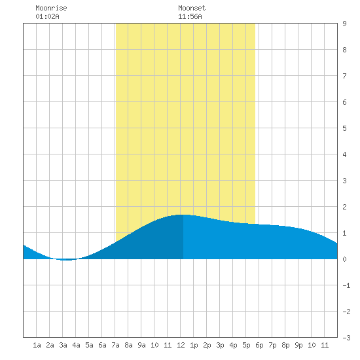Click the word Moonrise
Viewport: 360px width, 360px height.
(x=51, y=8)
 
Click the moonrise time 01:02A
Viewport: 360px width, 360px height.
(x=47, y=16)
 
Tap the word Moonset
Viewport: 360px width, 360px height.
(x=192, y=8)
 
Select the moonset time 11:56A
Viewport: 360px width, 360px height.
(x=190, y=16)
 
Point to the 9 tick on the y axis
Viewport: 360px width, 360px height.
(x=344, y=24)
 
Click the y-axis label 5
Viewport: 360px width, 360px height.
(x=344, y=128)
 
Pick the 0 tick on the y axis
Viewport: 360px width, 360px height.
(x=344, y=259)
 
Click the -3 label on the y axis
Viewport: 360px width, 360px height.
(x=346, y=338)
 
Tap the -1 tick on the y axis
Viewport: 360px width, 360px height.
(x=346, y=285)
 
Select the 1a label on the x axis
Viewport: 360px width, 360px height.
(x=37, y=345)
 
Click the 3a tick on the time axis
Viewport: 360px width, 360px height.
(x=63, y=345)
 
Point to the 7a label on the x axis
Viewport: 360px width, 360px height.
(x=115, y=345)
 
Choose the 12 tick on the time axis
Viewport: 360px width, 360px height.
(x=181, y=345)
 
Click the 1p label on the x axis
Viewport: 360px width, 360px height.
(x=194, y=345)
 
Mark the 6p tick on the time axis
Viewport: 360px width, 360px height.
(x=259, y=345)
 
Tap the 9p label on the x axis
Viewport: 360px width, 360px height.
(x=298, y=345)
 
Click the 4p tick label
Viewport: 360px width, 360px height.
(x=233, y=345)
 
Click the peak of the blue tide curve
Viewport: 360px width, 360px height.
(x=183, y=215)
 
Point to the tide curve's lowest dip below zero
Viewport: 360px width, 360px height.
(x=66, y=260)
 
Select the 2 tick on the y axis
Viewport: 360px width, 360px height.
(x=344, y=207)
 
